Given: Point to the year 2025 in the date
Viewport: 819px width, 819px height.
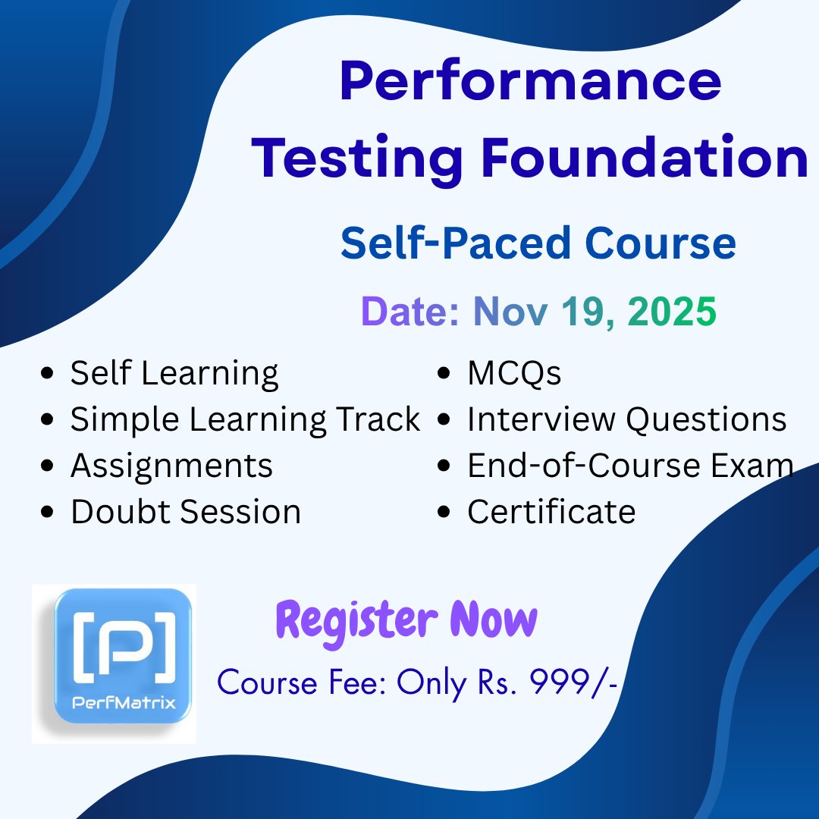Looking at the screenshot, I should point(671,312).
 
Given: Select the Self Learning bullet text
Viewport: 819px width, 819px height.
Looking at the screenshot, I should point(174,374).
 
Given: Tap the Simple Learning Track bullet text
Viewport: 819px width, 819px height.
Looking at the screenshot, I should point(245,419).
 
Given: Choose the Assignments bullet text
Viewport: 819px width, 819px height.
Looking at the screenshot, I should point(171,466).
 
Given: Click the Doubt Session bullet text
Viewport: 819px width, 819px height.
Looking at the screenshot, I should point(186,512).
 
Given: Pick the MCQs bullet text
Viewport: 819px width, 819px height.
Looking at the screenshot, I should point(514,373).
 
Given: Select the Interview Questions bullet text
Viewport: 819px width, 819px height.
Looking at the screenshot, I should point(626,419).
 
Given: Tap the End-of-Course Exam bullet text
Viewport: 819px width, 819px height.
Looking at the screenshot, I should point(630,466).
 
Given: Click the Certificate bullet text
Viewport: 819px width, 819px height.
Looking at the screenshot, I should point(551,512).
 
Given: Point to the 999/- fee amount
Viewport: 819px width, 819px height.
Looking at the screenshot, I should point(574,683).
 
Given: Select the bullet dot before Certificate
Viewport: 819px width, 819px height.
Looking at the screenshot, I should point(445,513).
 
